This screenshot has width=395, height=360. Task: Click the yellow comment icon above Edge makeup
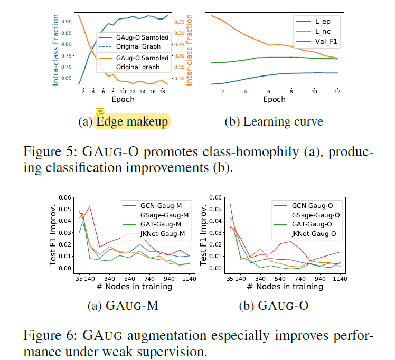(x=100, y=112)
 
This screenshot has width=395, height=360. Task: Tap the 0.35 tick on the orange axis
(x=180, y=22)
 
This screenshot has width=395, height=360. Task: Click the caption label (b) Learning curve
(x=274, y=122)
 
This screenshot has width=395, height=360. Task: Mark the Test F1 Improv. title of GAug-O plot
(x=211, y=234)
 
